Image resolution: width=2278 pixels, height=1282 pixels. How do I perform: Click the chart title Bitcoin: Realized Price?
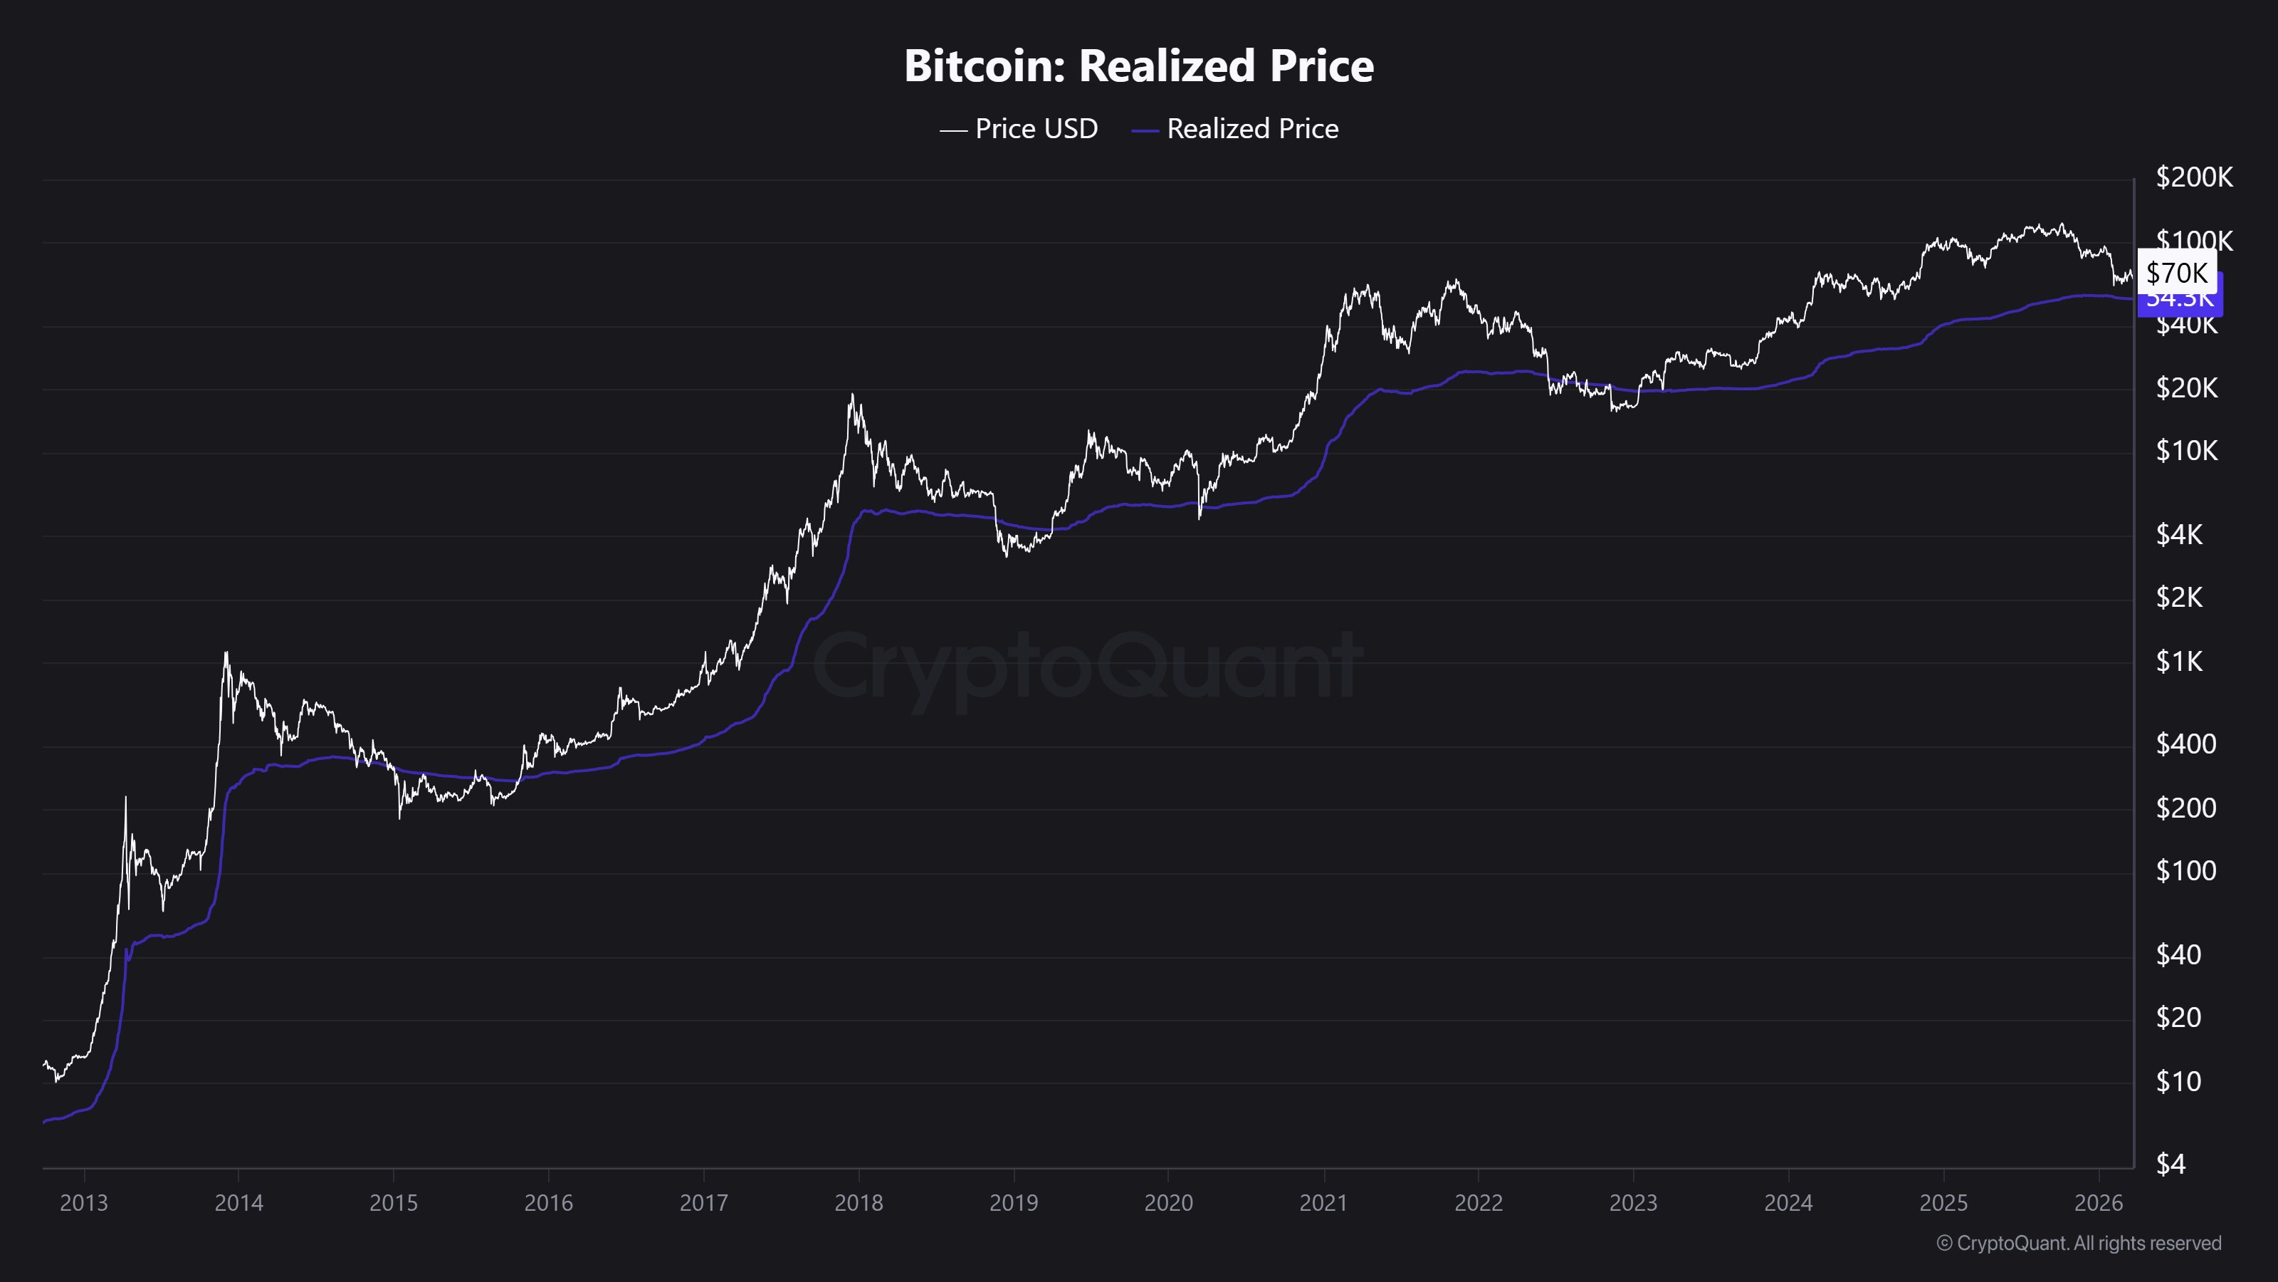1138,66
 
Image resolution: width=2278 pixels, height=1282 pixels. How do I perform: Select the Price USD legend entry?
1019,129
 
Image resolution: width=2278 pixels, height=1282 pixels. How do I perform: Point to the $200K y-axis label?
2193,178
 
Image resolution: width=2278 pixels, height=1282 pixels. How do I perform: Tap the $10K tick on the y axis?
2186,452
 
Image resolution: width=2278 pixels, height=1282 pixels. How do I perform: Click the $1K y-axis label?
2179,662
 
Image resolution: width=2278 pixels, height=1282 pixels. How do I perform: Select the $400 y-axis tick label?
2185,744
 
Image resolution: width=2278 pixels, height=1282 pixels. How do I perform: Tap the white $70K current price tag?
2176,273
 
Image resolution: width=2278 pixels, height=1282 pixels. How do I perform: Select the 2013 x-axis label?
84,1203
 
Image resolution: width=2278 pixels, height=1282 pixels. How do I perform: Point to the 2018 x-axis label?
859,1203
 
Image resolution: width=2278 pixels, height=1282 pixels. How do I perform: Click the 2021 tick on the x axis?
1323,1203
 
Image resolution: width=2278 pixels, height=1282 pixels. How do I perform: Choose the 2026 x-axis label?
2098,1203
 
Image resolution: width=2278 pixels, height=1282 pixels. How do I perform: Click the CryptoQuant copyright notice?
2078,1243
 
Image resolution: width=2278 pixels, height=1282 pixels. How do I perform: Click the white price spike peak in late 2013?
226,654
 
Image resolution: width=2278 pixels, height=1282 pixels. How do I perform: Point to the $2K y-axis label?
2179,598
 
